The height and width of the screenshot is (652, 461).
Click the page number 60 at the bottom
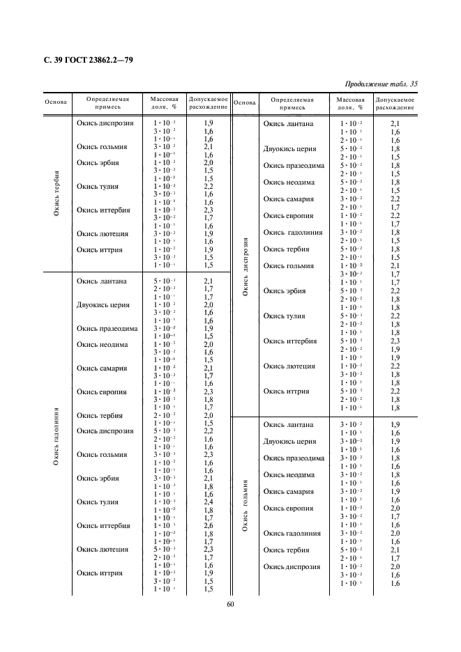pyautogui.click(x=230, y=604)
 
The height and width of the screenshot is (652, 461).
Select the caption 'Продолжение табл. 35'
pyautogui.click(x=381, y=84)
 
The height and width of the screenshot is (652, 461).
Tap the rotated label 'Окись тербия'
pyautogui.click(x=56, y=193)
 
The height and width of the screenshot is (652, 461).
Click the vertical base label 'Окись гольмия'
pyautogui.click(x=245, y=506)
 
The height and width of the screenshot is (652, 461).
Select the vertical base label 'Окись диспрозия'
pyautogui.click(x=245, y=267)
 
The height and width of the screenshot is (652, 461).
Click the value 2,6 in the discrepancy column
pyautogui.click(x=208, y=525)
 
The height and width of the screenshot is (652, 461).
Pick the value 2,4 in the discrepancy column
pyautogui.click(x=208, y=502)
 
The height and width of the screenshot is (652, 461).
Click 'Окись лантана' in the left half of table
pyautogui.click(x=101, y=281)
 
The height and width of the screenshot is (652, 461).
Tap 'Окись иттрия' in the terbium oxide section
pyautogui.click(x=99, y=250)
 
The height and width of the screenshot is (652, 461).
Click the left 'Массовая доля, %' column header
pyautogui.click(x=165, y=103)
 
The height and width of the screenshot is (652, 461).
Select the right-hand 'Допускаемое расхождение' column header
pyautogui.click(x=395, y=103)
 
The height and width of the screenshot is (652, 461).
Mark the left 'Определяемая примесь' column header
pyautogui.click(x=107, y=103)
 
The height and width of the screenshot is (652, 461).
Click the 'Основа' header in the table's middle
pyautogui.click(x=245, y=103)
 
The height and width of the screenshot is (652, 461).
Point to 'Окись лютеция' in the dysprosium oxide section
pyautogui.click(x=289, y=366)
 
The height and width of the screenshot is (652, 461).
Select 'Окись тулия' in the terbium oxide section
pyautogui.click(x=97, y=186)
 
